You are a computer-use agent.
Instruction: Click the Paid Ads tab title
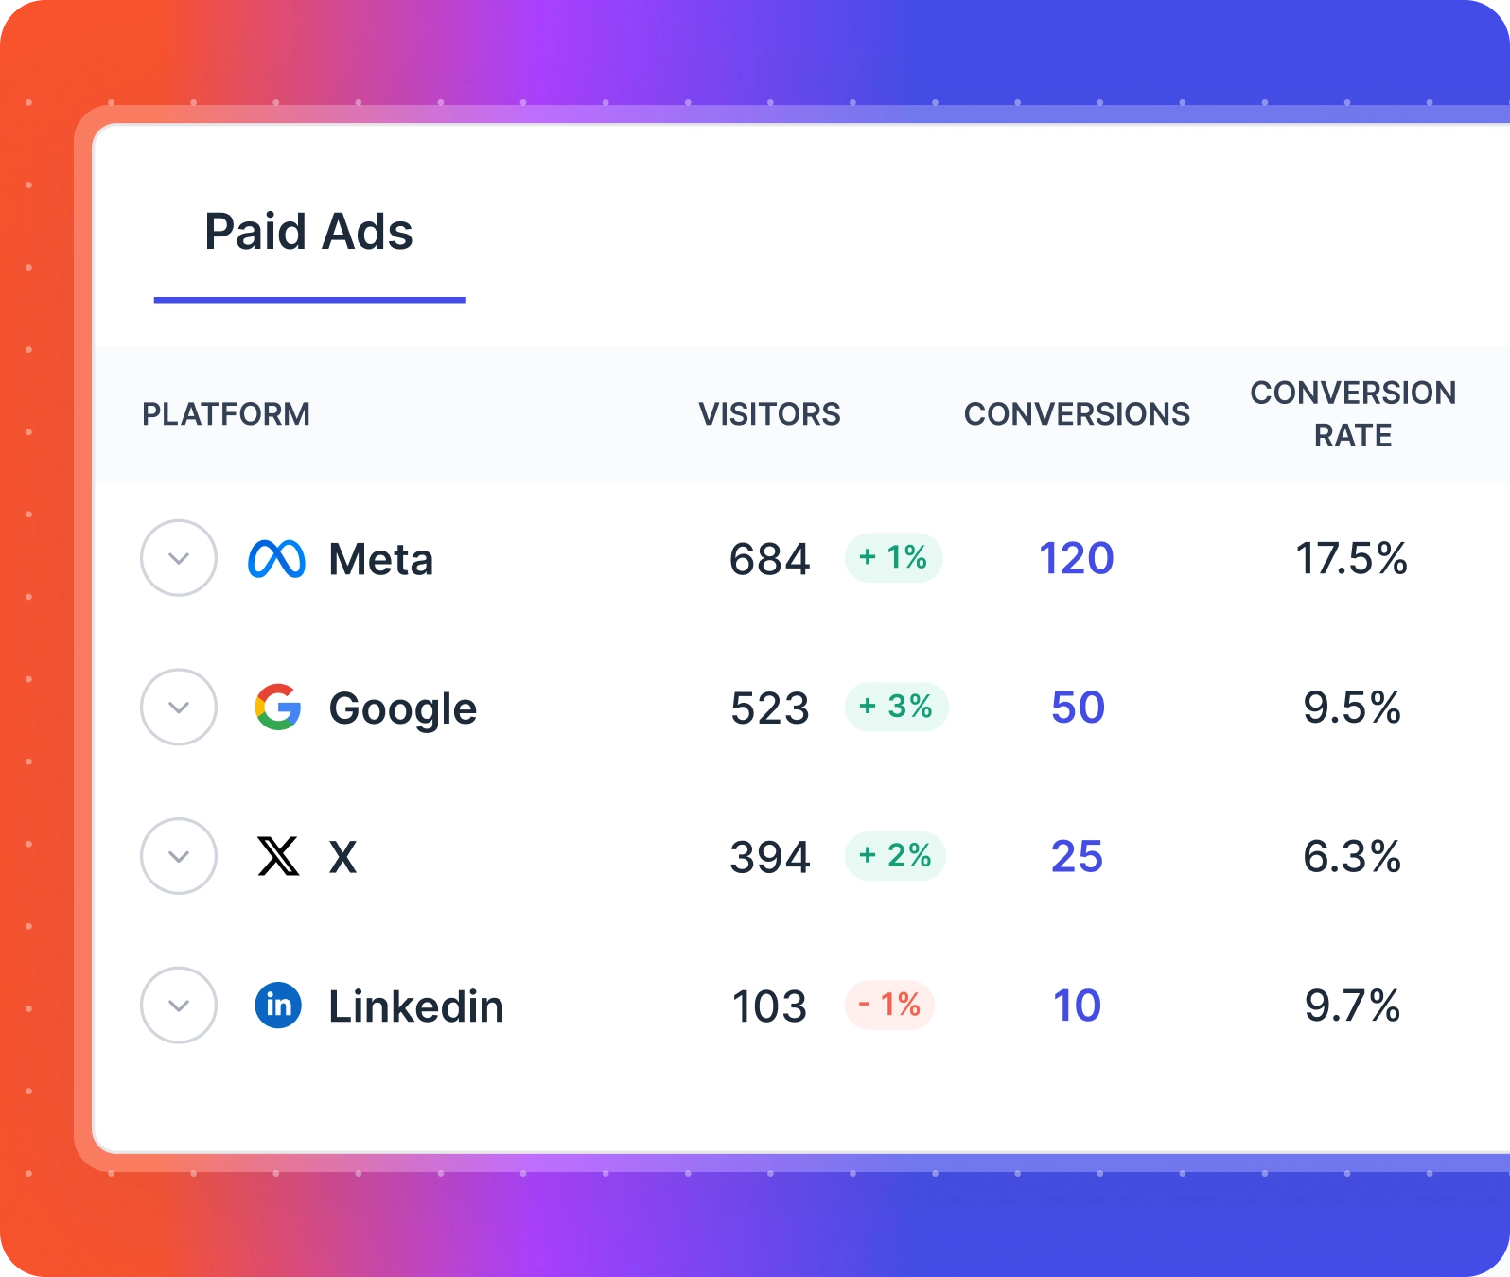[308, 232]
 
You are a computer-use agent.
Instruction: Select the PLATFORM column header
[226, 414]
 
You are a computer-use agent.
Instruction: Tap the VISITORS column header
[769, 414]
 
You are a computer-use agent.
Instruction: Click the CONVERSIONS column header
[1077, 414]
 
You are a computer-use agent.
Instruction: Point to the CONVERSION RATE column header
[1353, 414]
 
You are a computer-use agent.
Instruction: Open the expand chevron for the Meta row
[179, 558]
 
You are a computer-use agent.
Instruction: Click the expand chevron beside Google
[179, 708]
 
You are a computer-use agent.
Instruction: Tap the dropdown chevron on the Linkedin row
[179, 1006]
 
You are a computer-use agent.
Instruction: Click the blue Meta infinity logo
[276, 559]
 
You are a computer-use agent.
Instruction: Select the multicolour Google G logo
[278, 708]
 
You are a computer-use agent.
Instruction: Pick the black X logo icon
[278, 857]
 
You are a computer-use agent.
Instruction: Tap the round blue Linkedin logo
[278, 1005]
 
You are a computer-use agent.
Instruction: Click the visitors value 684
[769, 559]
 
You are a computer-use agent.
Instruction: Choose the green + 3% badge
[896, 707]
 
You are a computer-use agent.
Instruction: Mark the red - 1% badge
[889, 1005]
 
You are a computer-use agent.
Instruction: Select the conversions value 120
[1077, 558]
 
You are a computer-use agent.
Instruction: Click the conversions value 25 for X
[1077, 857]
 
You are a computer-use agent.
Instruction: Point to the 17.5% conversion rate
[1351, 558]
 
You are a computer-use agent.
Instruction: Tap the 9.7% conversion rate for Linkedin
[1352, 1006]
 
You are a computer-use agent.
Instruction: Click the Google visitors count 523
[769, 708]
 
